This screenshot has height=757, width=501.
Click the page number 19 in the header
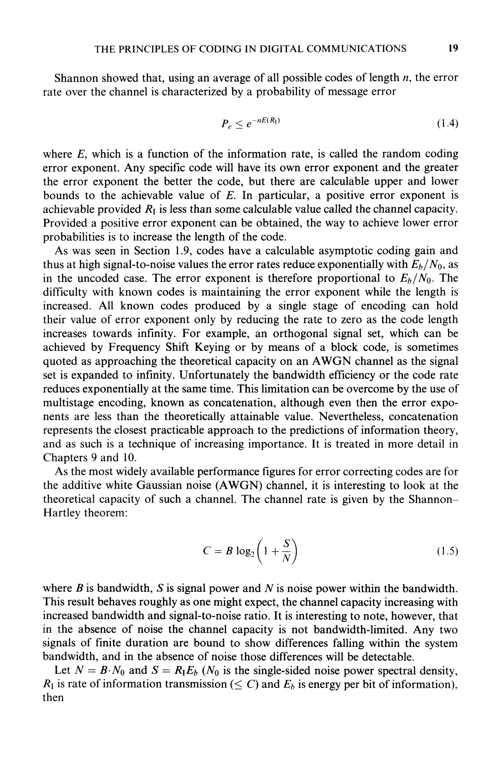(x=453, y=48)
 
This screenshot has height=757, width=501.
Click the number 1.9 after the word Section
(x=183, y=251)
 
